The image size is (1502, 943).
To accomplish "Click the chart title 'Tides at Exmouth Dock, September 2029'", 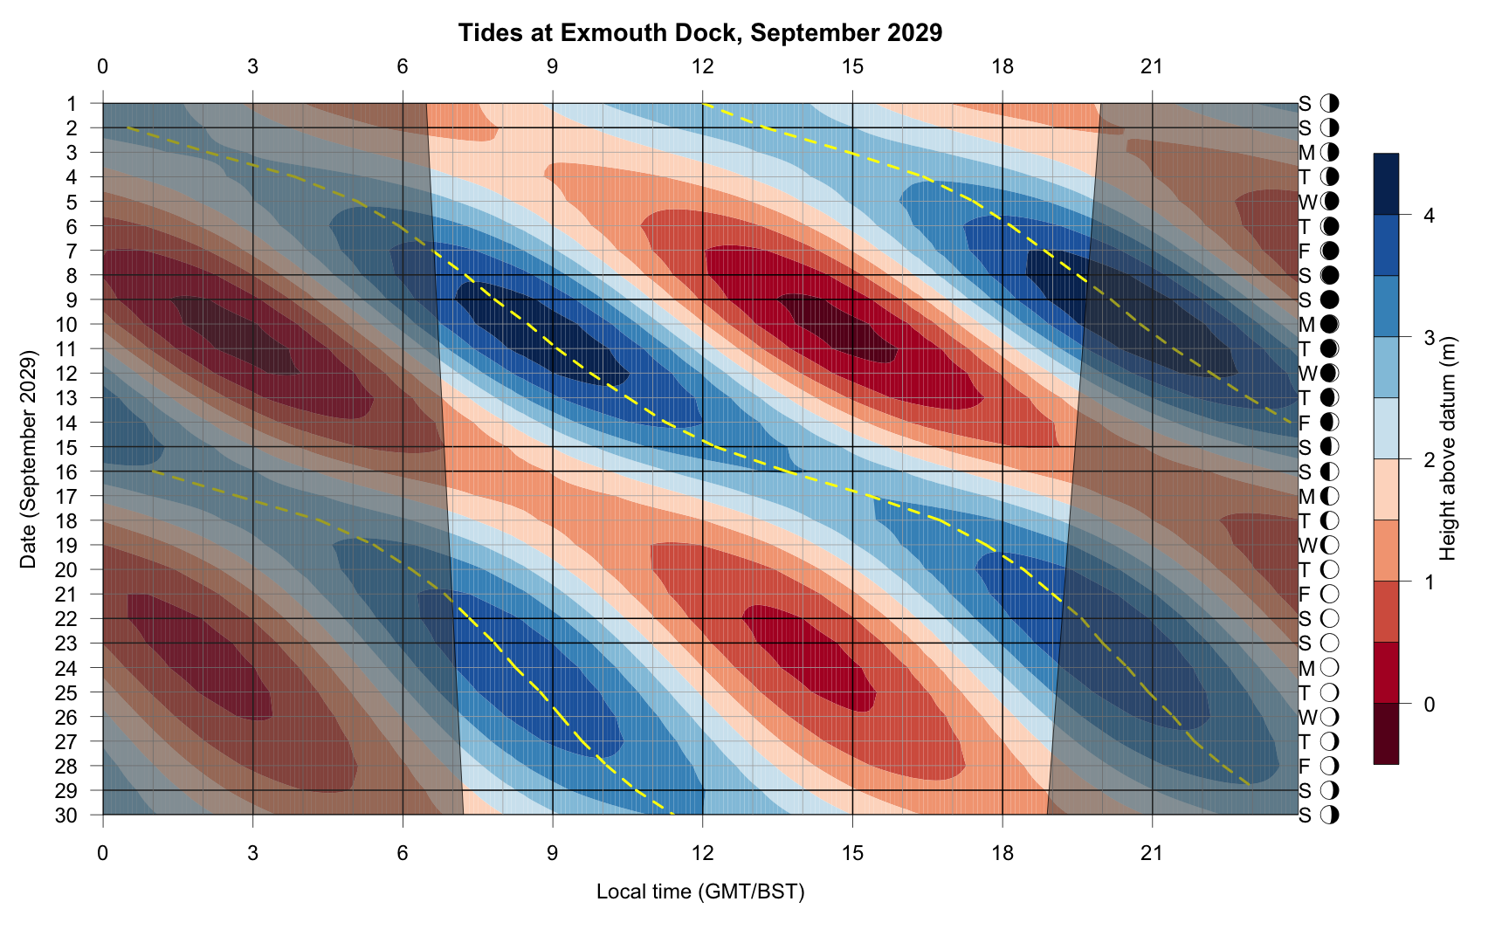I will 700,33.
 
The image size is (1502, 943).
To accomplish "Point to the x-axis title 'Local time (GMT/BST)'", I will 700,891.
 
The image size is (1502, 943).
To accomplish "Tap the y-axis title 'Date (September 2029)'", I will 28,459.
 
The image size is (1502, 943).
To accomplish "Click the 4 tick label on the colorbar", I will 1429,216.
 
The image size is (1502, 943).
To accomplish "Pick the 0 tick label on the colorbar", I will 1429,704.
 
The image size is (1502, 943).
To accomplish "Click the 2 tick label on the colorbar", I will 1429,460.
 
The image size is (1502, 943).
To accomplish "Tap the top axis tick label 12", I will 702,66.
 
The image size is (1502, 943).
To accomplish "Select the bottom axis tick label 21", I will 1152,852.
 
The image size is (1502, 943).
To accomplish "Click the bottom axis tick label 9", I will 552,852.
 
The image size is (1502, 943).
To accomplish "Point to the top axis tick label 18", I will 1002,66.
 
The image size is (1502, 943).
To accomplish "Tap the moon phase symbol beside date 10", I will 1330,325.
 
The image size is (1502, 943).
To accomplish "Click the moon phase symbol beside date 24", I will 1330,669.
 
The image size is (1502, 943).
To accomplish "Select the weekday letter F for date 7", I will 1305,251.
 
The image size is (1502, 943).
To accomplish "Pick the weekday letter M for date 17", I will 1306,497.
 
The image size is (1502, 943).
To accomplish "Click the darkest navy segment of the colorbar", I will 1386,184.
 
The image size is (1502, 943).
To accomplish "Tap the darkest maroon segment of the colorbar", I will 1386,734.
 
